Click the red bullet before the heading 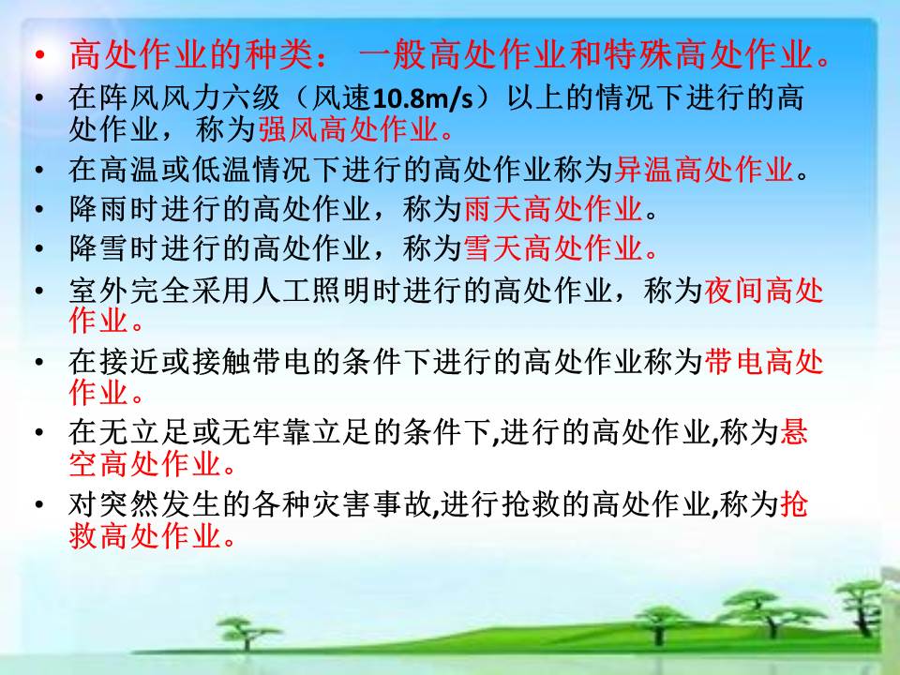pos(39,55)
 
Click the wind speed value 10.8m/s pos(423,98)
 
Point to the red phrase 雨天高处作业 pos(553,208)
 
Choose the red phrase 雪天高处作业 pos(553,247)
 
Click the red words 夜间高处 pos(764,291)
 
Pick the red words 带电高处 pos(764,362)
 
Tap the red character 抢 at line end pos(794,504)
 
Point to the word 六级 pos(251,98)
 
